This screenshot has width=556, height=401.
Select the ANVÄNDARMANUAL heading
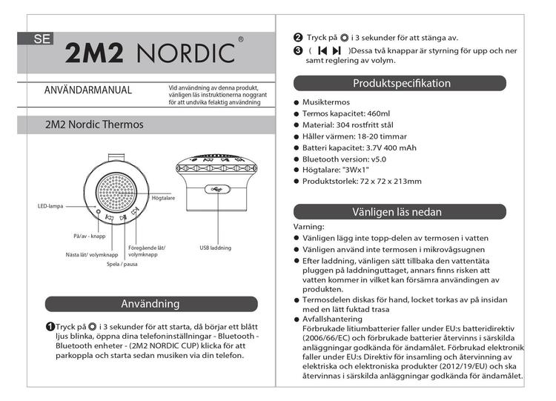tap(88, 90)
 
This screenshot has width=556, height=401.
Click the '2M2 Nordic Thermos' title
tap(94, 125)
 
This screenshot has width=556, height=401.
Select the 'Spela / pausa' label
tap(122, 264)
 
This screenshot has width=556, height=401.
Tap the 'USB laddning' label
tap(216, 248)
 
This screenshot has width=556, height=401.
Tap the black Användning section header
tap(150, 303)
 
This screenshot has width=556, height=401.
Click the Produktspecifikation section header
tap(400, 83)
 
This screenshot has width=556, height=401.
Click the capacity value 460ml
tap(378, 114)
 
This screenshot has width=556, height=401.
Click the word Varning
tap(309, 227)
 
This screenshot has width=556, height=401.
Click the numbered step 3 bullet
tap(298, 50)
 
